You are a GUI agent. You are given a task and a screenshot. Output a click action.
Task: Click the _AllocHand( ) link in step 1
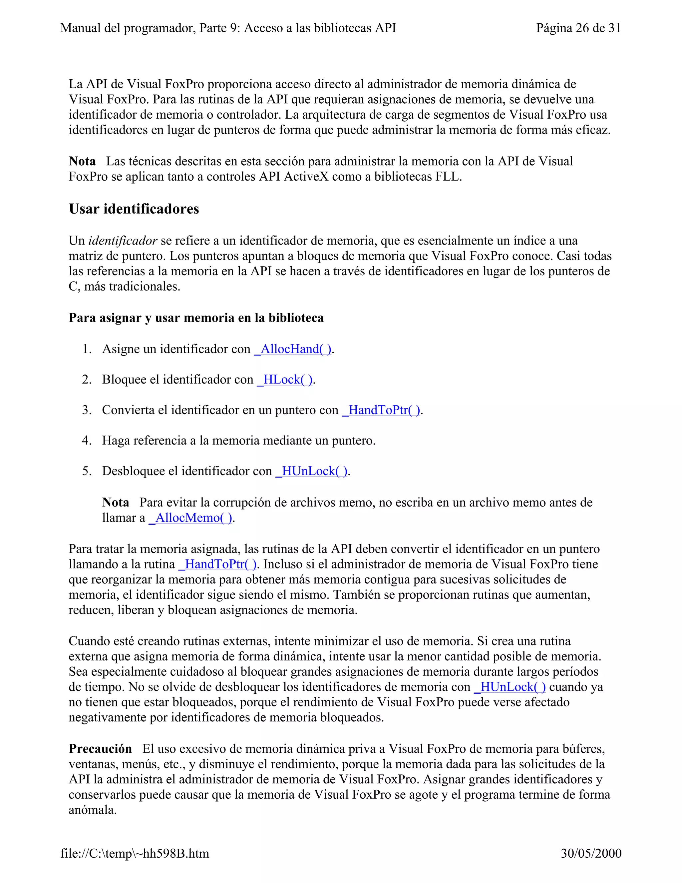tap(292, 349)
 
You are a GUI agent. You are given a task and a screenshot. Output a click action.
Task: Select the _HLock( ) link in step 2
tap(285, 380)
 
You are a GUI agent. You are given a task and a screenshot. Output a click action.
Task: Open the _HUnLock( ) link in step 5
tap(311, 471)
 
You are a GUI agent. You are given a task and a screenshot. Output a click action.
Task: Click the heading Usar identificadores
tap(134, 209)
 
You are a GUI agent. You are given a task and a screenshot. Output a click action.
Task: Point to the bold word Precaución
tap(100, 749)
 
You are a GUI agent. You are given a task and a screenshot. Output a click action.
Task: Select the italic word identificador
tap(123, 241)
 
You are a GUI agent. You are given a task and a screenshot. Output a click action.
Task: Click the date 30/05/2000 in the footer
tap(591, 853)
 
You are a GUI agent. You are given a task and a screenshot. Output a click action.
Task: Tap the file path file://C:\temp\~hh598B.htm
tap(135, 853)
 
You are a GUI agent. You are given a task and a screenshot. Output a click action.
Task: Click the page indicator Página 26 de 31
tap(578, 28)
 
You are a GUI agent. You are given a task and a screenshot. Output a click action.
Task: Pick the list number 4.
tap(87, 440)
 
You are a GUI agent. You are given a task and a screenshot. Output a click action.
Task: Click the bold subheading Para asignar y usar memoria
tap(196, 318)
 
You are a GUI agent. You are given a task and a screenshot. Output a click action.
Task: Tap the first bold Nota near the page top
tap(82, 161)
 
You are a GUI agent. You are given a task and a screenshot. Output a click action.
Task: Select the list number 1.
tap(87, 349)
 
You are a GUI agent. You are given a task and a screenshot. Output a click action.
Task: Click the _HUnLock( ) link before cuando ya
tap(510, 687)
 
